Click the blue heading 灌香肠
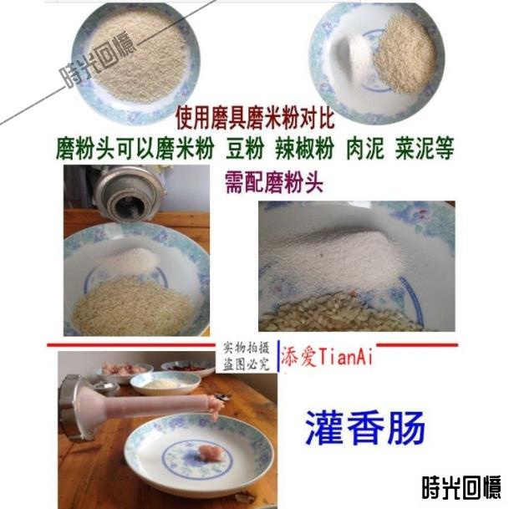tap(365, 428)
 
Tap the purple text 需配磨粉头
tap(274, 182)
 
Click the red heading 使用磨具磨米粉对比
tap(255, 118)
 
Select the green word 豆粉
tap(245, 148)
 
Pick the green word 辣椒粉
tap(304, 148)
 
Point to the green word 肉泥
tap(364, 148)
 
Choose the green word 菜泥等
tap(425, 148)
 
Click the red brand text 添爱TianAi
tap(326, 356)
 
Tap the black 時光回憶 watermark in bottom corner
tap(461, 487)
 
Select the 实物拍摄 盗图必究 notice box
tap(247, 356)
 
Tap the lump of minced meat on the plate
tap(207, 452)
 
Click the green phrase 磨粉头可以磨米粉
tap(135, 148)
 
